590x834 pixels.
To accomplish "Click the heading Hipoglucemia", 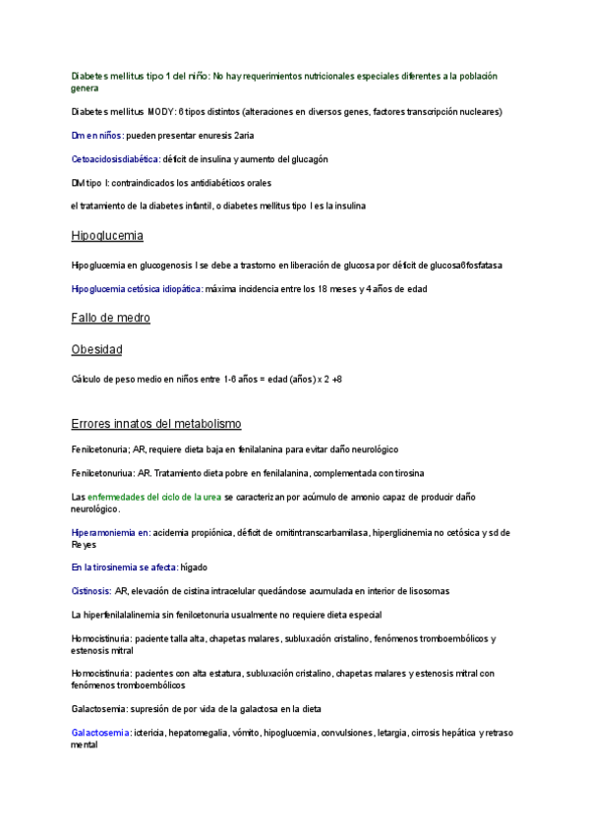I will [107, 236].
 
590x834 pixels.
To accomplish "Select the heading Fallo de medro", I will [110, 318].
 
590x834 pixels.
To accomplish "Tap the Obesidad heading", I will [96, 349].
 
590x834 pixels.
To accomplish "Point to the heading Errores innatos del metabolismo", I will [156, 424].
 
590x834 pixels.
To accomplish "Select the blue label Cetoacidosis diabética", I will [115, 159].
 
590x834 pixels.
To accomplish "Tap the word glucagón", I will [306, 159].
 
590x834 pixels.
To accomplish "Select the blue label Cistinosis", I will [90, 591].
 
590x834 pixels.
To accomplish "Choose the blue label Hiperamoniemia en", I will [111, 533].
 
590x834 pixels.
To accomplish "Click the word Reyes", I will [84, 544].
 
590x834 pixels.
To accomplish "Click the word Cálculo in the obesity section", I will [88, 379].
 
